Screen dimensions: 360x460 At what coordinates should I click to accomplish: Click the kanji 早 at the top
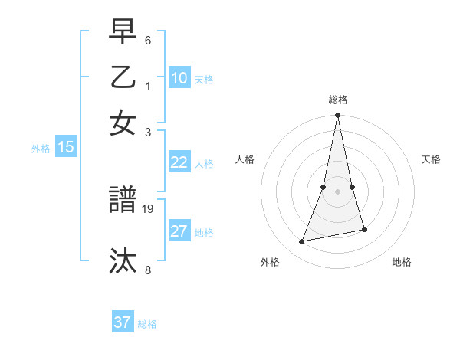pos(123,33)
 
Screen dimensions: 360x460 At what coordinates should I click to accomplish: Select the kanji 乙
pos(123,77)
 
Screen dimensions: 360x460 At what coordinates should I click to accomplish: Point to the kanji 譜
pos(123,201)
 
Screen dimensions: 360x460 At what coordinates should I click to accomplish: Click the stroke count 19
pos(149,208)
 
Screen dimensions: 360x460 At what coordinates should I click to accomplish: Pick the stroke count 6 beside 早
pos(148,39)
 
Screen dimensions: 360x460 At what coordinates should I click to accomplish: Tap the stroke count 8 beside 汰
pos(148,270)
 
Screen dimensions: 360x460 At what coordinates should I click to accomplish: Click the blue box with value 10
pos(179,77)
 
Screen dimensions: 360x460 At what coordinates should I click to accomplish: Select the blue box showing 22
pos(179,162)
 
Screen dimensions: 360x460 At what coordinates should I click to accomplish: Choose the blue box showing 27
pos(179,231)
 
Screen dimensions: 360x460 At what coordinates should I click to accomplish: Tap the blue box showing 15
pos(66,147)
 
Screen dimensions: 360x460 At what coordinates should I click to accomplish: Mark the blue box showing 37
pos(123,322)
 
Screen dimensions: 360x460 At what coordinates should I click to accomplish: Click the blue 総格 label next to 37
pos(147,324)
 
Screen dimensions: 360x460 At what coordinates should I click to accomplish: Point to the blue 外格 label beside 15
pos(41,149)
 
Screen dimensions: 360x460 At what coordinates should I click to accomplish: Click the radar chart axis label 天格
pos(431,159)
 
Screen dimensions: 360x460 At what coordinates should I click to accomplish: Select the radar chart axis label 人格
pos(245,159)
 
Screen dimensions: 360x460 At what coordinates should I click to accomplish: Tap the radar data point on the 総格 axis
pos(337,116)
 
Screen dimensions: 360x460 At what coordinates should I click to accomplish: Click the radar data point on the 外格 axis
pos(302,241)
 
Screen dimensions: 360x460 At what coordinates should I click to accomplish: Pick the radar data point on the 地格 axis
pos(364,229)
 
